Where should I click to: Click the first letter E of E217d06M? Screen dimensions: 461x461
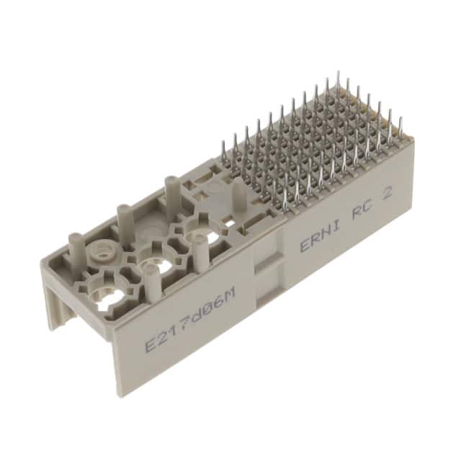150,342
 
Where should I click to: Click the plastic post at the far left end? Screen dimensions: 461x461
74,243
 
